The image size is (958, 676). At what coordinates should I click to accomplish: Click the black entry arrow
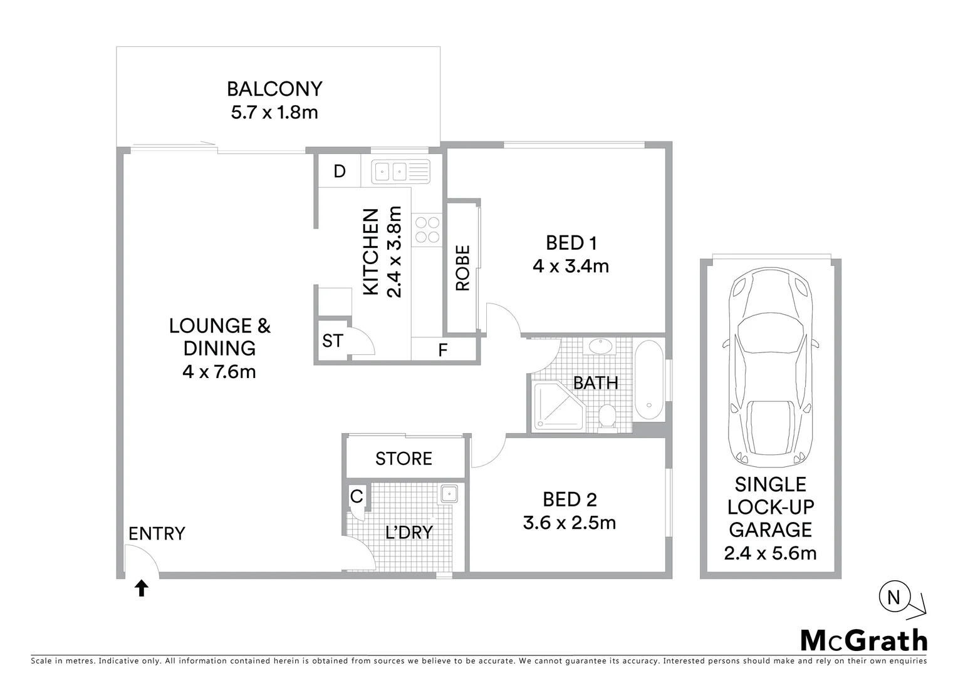tap(142, 588)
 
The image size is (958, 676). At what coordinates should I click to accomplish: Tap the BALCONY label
tap(274, 89)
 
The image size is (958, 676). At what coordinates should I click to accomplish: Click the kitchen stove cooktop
tap(427, 229)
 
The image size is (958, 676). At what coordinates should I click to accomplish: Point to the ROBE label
tap(462, 268)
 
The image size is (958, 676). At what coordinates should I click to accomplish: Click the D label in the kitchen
tap(340, 172)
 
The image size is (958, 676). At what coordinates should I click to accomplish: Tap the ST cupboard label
tap(332, 341)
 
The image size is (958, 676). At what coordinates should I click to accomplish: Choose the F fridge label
tap(443, 351)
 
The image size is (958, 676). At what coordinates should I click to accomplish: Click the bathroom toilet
tap(607, 417)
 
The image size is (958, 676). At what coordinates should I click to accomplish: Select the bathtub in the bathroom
tap(649, 381)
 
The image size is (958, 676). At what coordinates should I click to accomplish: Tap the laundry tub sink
tap(449, 494)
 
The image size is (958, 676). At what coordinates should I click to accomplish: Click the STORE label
tap(404, 459)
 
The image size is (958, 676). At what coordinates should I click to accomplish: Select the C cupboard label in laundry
tap(357, 497)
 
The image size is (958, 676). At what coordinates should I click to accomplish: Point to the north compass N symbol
tap(893, 598)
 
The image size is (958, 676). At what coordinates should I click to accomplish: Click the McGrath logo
tap(864, 640)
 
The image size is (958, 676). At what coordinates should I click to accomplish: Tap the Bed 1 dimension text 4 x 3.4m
tap(571, 267)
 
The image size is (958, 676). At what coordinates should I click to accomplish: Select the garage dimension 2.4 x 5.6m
tap(770, 553)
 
